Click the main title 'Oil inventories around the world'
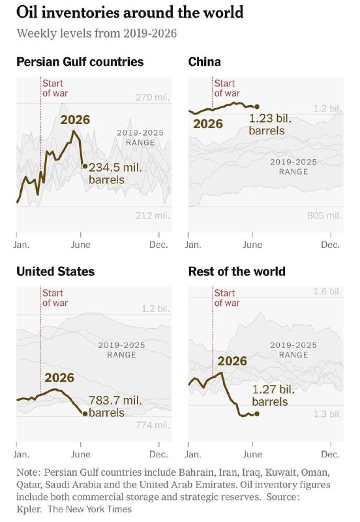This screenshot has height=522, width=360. (x=130, y=12)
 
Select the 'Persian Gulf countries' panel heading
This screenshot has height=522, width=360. (x=80, y=62)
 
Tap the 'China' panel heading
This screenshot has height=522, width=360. (x=204, y=62)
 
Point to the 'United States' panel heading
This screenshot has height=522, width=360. (x=55, y=271)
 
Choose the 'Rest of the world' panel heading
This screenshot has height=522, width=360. (x=237, y=271)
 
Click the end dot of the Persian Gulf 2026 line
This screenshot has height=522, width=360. (x=85, y=166)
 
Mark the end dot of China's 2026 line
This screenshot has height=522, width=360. (x=256, y=106)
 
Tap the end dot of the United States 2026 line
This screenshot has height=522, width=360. (x=85, y=414)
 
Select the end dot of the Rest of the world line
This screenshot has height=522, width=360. (x=256, y=414)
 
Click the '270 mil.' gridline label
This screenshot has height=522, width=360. (x=153, y=97)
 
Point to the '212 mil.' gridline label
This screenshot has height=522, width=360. (x=153, y=215)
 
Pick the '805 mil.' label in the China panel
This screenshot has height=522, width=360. (x=324, y=215)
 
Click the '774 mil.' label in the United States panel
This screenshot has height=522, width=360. (x=153, y=425)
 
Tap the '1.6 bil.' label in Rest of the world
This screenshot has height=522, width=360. (x=327, y=292)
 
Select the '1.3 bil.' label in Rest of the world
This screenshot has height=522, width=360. (x=327, y=414)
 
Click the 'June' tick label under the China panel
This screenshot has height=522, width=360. (x=252, y=245)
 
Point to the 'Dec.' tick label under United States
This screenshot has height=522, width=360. (x=158, y=454)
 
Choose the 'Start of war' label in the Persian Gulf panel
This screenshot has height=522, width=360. (x=55, y=88)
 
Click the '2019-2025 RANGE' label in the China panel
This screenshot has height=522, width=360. (x=293, y=167)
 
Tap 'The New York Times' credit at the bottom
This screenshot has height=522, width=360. (x=89, y=509)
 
